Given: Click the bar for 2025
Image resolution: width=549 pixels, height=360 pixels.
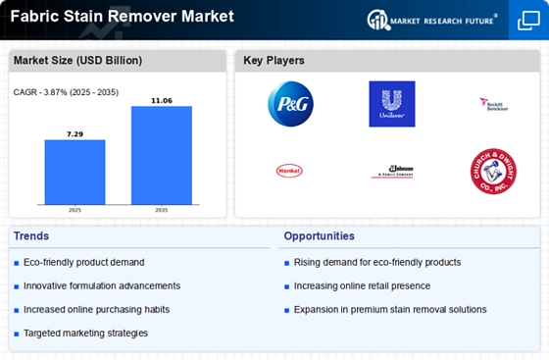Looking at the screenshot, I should [x=75, y=172].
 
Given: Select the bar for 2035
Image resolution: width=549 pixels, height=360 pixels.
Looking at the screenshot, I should [x=162, y=155].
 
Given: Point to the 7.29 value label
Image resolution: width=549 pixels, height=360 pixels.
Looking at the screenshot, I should [x=75, y=132].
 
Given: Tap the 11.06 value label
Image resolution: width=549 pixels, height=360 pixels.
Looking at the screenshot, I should [x=162, y=100].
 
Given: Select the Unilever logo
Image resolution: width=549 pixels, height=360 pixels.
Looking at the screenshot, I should [x=391, y=104].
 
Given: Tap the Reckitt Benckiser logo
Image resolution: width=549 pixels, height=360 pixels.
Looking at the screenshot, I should [x=492, y=102].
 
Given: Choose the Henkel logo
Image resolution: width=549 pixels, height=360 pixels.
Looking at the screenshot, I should [x=289, y=171].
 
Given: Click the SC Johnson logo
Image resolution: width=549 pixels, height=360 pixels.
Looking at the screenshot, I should [x=391, y=171].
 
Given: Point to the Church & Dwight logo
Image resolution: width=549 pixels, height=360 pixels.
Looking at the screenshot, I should [x=492, y=171].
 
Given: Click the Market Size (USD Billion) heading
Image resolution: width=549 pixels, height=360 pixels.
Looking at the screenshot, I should [x=77, y=61].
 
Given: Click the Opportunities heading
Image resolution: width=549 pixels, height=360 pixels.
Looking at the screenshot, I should [x=320, y=235].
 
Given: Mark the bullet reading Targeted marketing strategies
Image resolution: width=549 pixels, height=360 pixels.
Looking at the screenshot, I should [x=85, y=334].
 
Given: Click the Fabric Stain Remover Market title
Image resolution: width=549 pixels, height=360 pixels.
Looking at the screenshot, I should [x=123, y=16].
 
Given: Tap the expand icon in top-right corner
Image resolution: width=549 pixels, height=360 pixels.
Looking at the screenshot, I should [x=527, y=20].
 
